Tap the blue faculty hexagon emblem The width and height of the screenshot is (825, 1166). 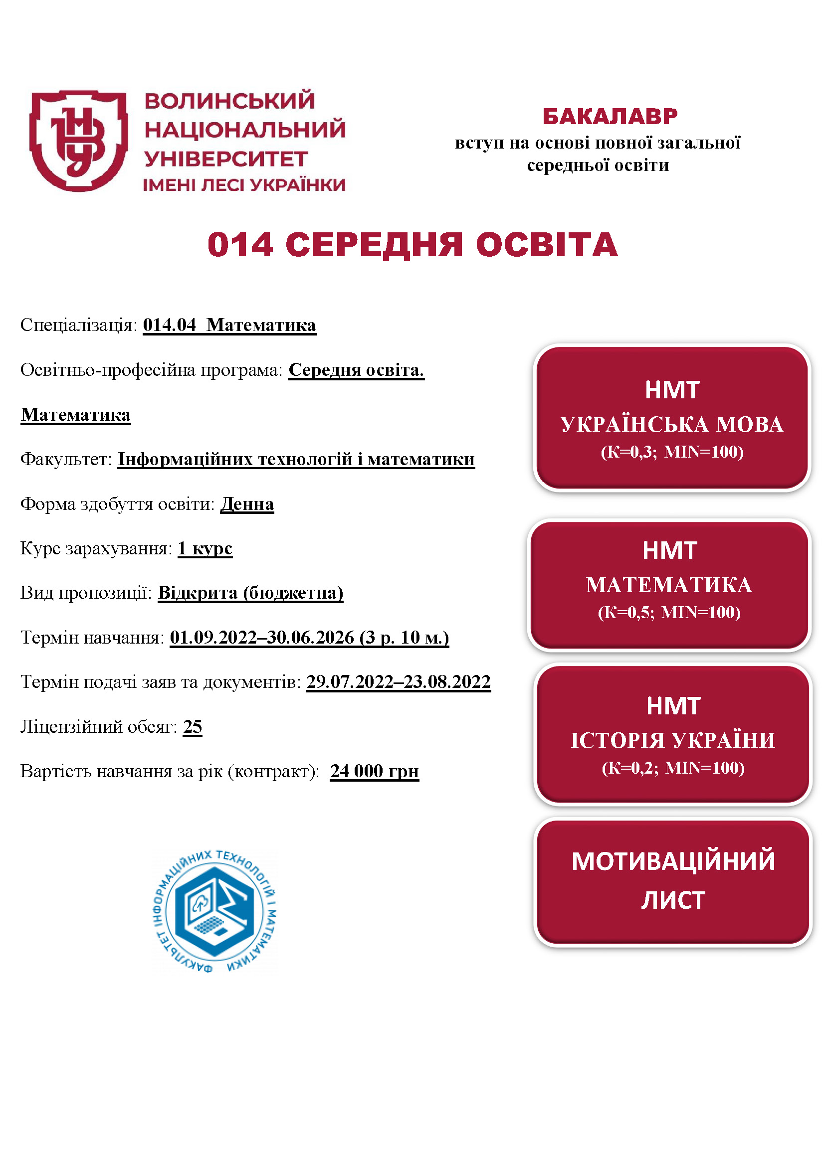[x=214, y=911]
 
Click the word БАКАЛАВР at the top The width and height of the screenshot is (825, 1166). [x=610, y=116]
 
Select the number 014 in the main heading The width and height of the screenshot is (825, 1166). [x=240, y=245]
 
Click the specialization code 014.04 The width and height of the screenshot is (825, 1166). [x=169, y=325]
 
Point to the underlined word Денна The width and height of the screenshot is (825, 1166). [x=247, y=504]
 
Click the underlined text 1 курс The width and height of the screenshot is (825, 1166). [x=205, y=548]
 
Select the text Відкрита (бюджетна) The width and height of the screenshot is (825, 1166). [x=250, y=593]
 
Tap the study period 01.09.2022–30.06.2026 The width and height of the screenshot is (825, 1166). [x=262, y=638]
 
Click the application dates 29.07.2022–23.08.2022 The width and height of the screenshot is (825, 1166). [x=398, y=682]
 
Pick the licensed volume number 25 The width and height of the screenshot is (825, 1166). [x=193, y=727]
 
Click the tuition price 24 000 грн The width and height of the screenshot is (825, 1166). [x=375, y=771]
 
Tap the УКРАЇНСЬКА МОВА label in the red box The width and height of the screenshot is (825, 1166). [x=671, y=425]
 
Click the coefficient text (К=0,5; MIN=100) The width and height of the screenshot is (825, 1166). [x=669, y=613]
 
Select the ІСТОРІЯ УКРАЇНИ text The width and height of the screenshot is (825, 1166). [x=672, y=740]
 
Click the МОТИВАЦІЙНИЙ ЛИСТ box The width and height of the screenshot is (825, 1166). [x=672, y=881]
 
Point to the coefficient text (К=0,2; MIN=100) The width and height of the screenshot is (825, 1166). [x=672, y=768]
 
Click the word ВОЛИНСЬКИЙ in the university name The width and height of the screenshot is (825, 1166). [x=229, y=101]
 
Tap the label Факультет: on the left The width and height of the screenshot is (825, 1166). [x=65, y=460]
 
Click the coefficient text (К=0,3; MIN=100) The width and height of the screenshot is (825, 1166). [x=671, y=452]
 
